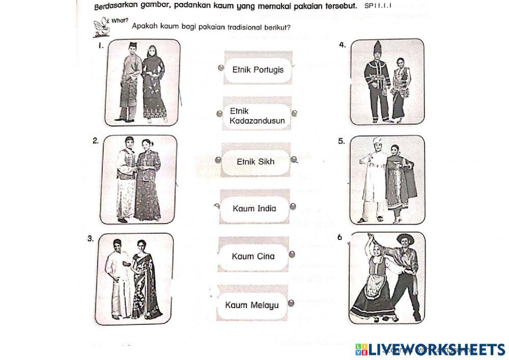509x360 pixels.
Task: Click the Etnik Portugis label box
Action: (x=258, y=69)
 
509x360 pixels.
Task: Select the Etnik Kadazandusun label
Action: (x=257, y=116)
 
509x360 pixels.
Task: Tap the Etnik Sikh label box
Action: (x=256, y=162)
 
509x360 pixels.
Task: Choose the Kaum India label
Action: (x=254, y=208)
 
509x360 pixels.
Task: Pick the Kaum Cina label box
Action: (x=253, y=256)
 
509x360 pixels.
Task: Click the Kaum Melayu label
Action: (x=252, y=305)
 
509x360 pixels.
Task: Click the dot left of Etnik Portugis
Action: (x=220, y=68)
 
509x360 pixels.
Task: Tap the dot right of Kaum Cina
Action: (x=291, y=255)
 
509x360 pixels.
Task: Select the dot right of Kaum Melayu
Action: (x=291, y=304)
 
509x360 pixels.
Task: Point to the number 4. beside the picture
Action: (x=343, y=45)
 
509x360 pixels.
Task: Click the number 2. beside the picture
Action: (x=96, y=142)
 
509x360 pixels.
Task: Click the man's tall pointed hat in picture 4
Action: (x=377, y=49)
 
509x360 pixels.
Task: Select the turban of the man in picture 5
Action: (x=377, y=142)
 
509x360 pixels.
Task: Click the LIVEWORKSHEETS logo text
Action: (x=435, y=349)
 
